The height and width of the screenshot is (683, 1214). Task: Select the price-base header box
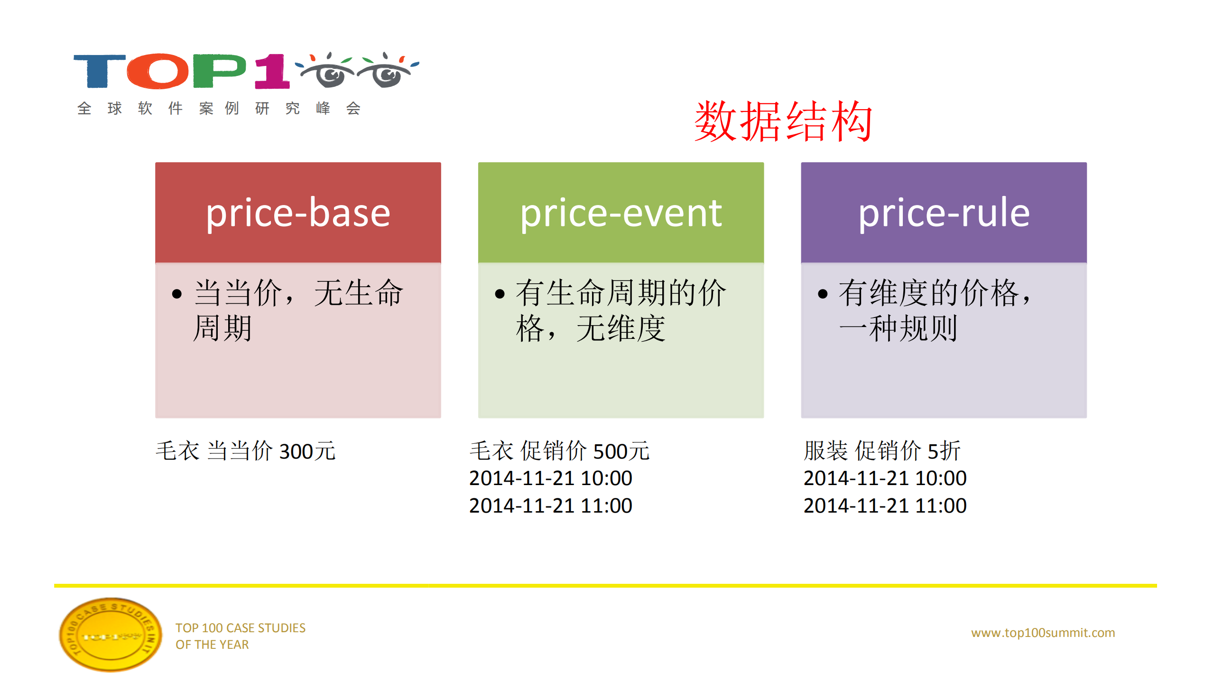point(298,212)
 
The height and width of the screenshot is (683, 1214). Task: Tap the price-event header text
point(621,213)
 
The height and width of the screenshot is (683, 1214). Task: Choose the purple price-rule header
point(944,212)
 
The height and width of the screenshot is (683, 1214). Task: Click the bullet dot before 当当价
point(177,294)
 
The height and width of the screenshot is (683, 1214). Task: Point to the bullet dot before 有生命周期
point(500,294)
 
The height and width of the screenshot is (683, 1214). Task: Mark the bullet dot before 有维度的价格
point(823,294)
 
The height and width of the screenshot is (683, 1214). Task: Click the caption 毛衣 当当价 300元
point(245,451)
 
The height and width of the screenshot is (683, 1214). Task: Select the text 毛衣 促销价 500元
point(559,451)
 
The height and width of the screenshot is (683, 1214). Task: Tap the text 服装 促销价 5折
point(881,451)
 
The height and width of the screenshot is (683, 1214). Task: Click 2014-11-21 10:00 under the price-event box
point(550,478)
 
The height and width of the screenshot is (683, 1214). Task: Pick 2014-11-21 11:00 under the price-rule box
point(885,505)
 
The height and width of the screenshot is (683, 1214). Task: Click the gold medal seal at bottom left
point(111,635)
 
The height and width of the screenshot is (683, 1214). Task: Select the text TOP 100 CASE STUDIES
point(240,628)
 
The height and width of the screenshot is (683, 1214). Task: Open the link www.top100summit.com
point(1043,633)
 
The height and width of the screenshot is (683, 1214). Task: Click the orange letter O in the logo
point(158,71)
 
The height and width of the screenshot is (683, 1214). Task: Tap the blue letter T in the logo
point(99,71)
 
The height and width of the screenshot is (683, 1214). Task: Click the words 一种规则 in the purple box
point(898,328)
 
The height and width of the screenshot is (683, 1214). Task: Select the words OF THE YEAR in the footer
point(212,645)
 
